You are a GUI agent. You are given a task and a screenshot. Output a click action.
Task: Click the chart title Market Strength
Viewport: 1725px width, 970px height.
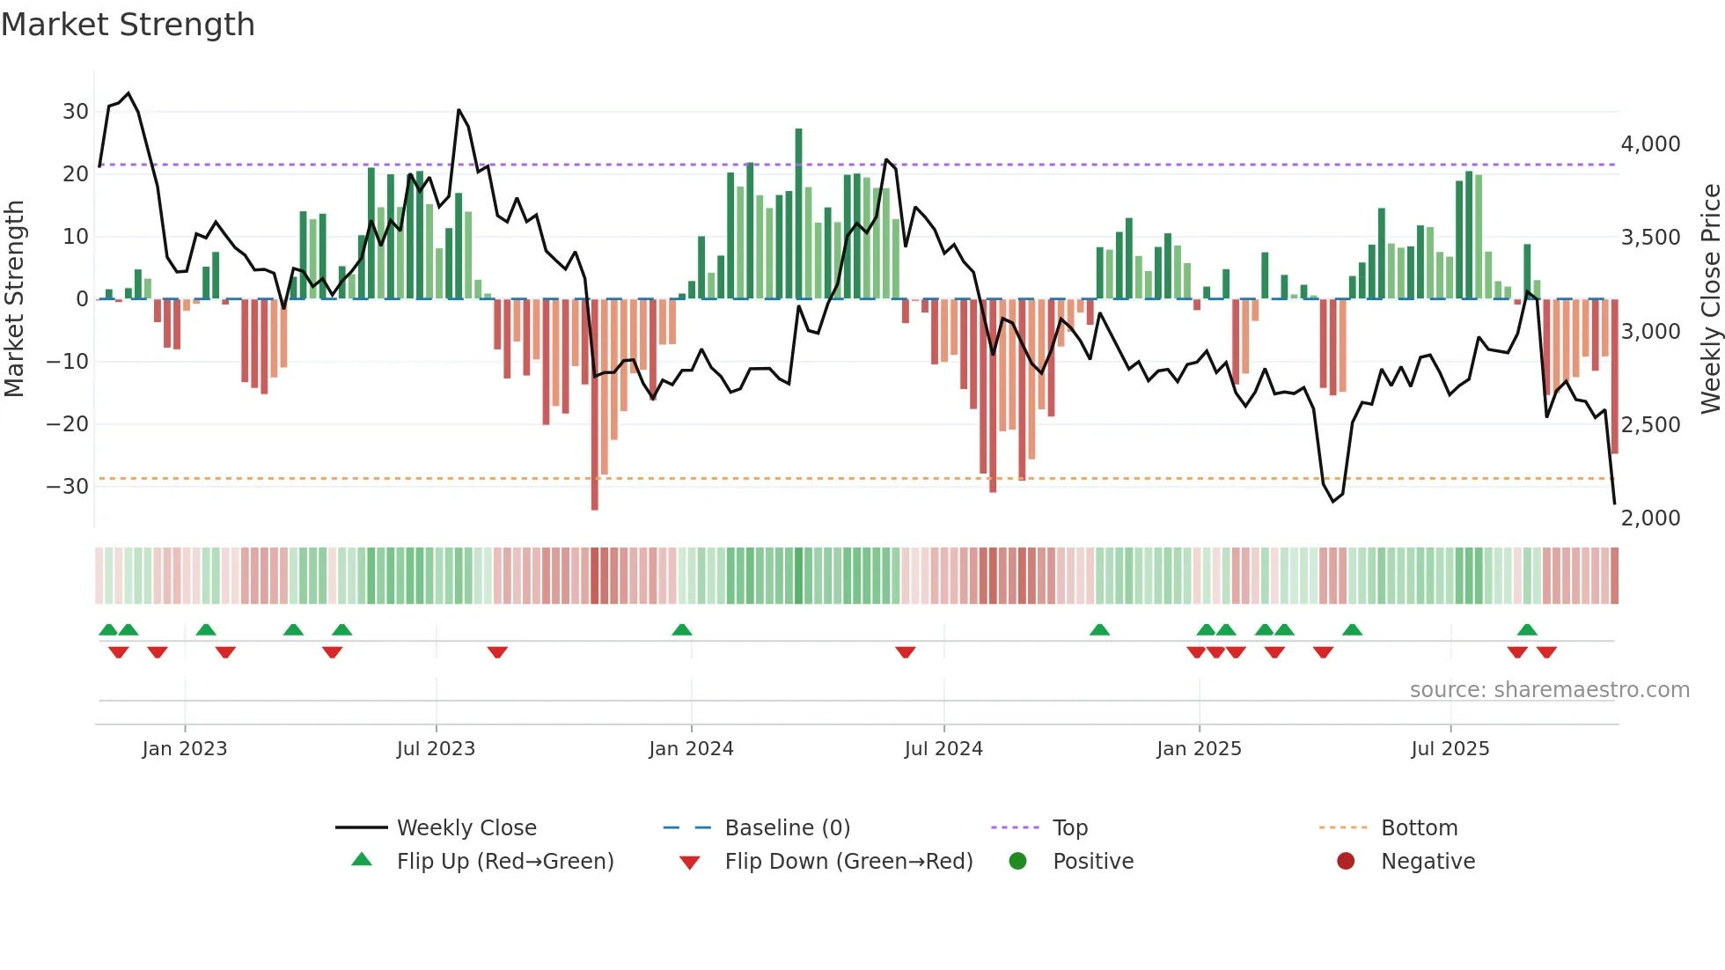tap(128, 25)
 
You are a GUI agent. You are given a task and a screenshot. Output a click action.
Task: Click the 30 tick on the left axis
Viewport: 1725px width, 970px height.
tap(76, 112)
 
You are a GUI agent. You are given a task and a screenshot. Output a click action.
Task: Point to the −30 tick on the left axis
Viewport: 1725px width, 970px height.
tap(68, 487)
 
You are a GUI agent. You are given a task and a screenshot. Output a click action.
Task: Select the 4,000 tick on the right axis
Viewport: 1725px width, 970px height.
tap(1650, 144)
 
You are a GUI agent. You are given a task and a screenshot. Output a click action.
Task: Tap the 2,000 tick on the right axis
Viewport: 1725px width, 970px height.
tap(1650, 518)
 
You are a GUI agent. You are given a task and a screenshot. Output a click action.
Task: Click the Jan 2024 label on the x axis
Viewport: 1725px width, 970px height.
tap(691, 749)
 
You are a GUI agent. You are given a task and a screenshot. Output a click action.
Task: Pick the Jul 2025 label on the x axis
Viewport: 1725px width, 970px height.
tap(1450, 749)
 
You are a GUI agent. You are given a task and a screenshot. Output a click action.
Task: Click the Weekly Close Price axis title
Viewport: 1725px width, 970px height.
tap(1710, 299)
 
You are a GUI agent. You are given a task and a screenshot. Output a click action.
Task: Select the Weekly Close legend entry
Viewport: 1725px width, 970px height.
tap(466, 828)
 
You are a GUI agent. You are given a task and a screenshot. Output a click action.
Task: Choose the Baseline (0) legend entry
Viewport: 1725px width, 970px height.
tap(787, 828)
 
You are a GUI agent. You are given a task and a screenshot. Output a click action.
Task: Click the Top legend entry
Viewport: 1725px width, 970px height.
tap(1070, 828)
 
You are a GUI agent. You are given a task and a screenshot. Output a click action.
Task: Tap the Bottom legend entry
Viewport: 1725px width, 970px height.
tap(1419, 828)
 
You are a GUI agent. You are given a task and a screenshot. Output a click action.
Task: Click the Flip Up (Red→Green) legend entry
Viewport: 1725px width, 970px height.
tap(504, 862)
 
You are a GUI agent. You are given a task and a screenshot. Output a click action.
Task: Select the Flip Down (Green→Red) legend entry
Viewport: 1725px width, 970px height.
tap(848, 862)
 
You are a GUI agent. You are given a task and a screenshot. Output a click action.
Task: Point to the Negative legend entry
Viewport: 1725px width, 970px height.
tap(1428, 862)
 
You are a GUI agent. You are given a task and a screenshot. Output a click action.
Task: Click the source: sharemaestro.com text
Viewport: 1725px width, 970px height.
tap(1549, 690)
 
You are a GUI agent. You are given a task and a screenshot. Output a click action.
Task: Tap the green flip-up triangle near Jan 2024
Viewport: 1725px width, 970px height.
tap(682, 629)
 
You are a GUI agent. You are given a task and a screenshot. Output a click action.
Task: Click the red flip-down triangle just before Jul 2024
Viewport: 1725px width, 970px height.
tap(906, 652)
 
